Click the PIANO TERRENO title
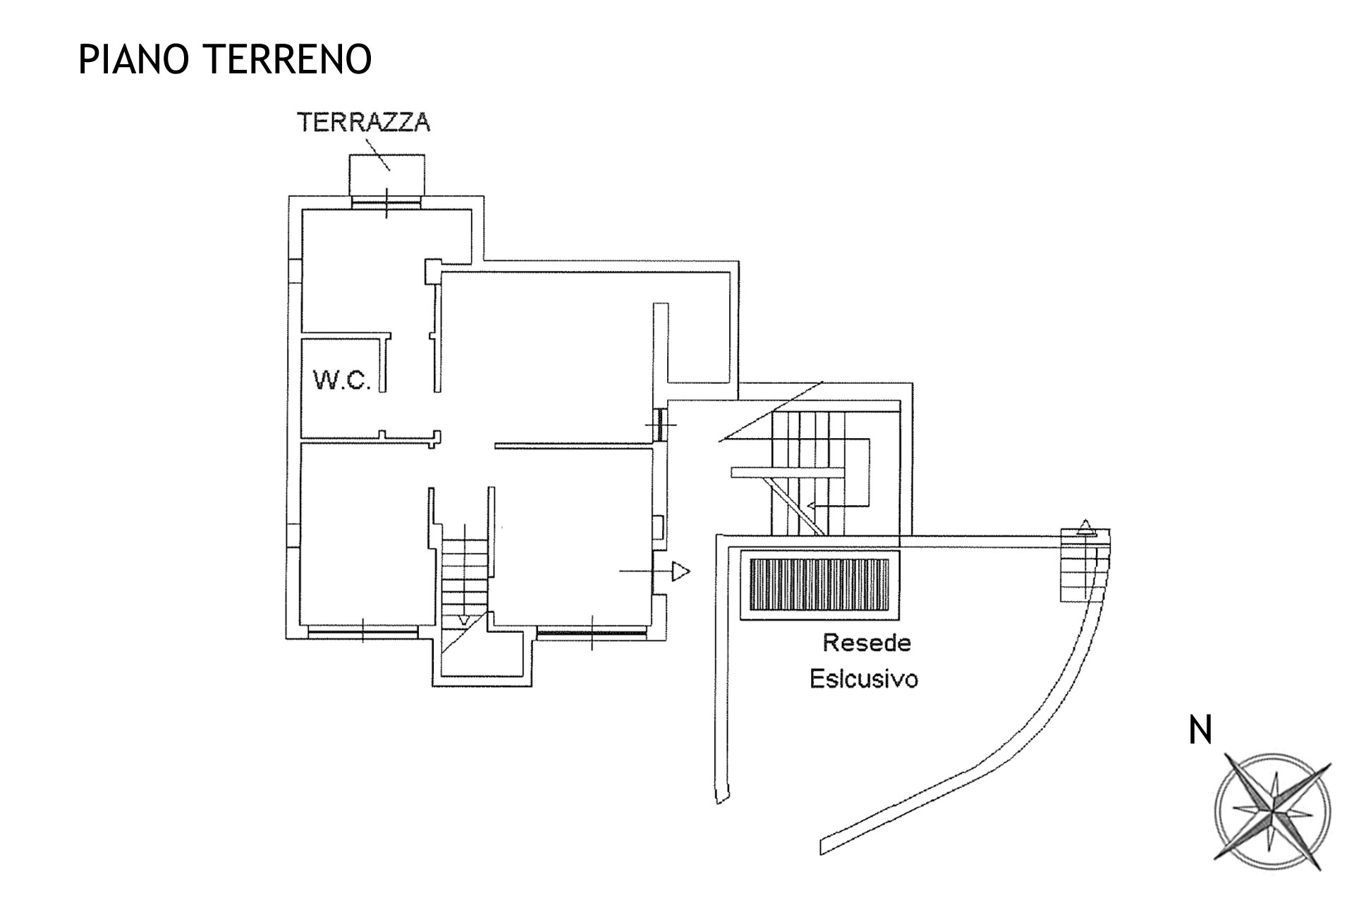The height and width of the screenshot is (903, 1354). pos(224,59)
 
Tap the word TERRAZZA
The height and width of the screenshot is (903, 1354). pos(363,122)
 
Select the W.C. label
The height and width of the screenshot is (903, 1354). pos(342,380)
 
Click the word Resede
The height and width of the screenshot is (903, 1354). pos(867,643)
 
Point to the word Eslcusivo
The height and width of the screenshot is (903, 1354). pos(864,679)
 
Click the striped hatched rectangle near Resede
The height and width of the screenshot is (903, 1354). pos(819,586)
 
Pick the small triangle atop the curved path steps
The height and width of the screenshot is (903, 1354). pos(1086,526)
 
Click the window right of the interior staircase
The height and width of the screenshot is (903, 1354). pos(591,633)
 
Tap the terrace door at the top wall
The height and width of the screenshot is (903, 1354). pos(386,202)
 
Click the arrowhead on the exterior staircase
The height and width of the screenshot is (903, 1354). pos(811,505)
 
